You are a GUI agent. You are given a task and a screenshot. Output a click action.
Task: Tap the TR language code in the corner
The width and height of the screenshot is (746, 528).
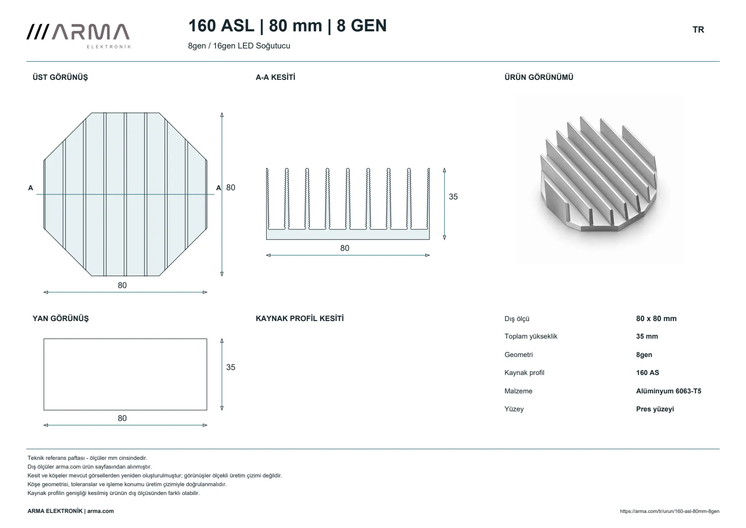pos(698,30)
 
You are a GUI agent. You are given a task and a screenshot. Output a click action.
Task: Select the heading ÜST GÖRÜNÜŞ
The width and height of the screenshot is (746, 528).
pos(60,77)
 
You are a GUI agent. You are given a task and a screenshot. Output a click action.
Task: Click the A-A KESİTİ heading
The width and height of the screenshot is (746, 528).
pos(275,77)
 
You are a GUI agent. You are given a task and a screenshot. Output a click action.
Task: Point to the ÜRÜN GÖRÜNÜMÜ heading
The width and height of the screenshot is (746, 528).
pos(539,77)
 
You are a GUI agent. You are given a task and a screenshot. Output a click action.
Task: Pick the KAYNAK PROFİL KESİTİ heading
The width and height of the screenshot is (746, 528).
pos(300,319)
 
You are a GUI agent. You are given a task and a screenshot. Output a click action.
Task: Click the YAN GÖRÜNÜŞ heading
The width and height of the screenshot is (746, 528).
pos(61,319)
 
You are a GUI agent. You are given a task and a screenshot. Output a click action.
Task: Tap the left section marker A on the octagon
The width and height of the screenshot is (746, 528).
pos(31,188)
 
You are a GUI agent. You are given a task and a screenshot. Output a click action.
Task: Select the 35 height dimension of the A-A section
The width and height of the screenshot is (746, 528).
pos(453,197)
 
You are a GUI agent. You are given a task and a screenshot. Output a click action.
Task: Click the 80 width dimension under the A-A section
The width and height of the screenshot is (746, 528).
pos(345,248)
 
